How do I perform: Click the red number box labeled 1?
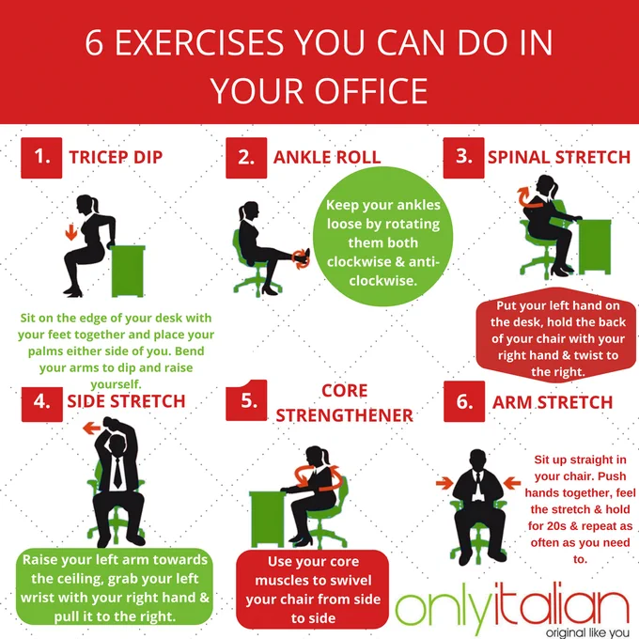coord(41,158)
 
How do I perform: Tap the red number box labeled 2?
coord(246,158)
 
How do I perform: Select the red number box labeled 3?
coord(464,158)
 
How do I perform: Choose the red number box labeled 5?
coord(246,400)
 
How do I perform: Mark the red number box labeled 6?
coord(464,401)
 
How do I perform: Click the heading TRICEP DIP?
coord(116,157)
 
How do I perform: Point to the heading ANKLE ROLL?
coord(327,157)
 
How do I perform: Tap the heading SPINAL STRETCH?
coord(559,157)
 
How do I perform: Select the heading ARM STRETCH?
coord(553,402)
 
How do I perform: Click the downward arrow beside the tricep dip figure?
coord(71,231)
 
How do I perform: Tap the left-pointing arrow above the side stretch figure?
coord(92,428)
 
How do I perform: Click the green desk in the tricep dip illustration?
coord(128,271)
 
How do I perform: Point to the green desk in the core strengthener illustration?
coord(267,519)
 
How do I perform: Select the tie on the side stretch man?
coord(117,473)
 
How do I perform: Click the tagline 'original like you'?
coord(587,632)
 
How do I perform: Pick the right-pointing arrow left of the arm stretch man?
coord(444,483)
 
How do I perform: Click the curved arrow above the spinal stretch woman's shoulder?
coord(528,197)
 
